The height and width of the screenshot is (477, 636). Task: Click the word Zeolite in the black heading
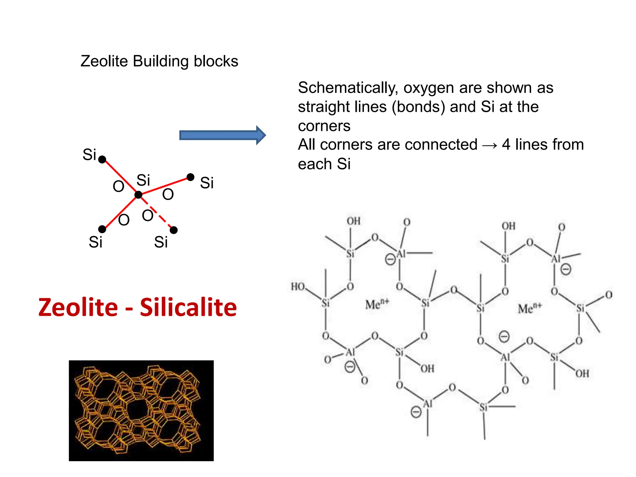pos(104,61)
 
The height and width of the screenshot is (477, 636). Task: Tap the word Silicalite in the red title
pos(188,307)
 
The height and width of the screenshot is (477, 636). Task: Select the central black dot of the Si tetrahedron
pos(139,195)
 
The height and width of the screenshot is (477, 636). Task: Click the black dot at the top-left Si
pos(102,160)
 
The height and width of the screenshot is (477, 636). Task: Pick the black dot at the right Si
pos(190,177)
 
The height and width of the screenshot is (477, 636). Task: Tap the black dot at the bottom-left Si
pos(102,229)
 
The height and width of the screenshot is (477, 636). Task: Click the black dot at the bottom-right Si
pos(174,230)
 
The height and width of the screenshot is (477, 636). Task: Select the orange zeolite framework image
pos(141,411)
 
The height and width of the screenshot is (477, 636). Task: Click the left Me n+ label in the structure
pos(377,304)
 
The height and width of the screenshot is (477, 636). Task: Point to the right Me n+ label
pos(529,308)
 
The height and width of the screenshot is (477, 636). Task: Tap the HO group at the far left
pos(298,286)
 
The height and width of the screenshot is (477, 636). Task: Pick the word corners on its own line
pos(324,126)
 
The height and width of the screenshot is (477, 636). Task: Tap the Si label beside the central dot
pos(143,180)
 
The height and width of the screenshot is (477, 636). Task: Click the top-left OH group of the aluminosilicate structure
pos(353,221)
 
